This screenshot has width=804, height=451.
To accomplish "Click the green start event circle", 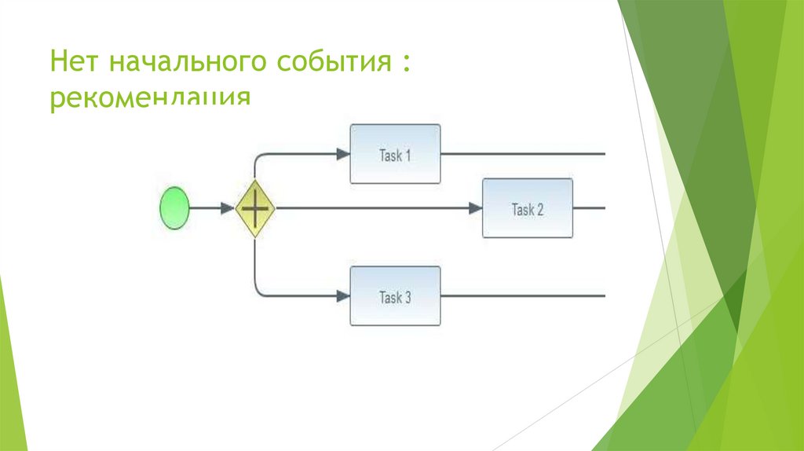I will click(174, 208).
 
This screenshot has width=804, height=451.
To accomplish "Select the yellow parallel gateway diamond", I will click(255, 208).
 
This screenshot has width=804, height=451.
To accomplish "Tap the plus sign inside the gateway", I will click(255, 208).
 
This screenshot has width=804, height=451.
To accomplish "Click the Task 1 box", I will click(395, 154).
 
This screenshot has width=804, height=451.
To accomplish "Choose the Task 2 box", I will click(527, 208).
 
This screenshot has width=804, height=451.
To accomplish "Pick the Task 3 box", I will click(395, 296).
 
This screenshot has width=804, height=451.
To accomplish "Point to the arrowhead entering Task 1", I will click(343, 154).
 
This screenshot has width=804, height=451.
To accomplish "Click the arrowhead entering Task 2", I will click(475, 208).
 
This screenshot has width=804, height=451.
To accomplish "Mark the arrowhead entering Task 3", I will click(343, 296).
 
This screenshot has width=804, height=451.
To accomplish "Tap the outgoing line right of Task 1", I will click(522, 154).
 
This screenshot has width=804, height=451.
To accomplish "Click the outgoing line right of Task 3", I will click(522, 296).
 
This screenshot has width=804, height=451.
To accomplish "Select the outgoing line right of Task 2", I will click(589, 208).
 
